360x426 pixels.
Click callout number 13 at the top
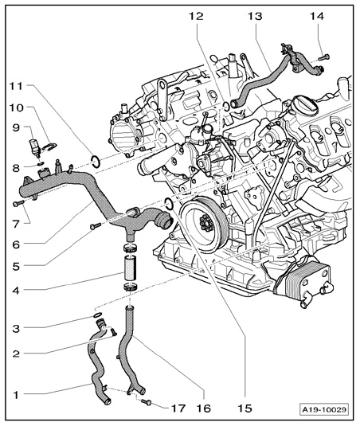click(x=255, y=17)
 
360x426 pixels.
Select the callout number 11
click(x=17, y=86)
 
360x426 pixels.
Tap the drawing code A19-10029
click(x=325, y=409)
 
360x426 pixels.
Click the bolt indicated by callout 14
click(x=324, y=57)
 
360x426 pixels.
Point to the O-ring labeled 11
click(x=95, y=161)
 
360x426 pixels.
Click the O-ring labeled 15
click(x=169, y=205)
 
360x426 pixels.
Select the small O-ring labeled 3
click(x=97, y=315)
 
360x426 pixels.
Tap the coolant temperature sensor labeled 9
click(x=36, y=148)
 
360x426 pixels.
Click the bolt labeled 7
click(x=18, y=203)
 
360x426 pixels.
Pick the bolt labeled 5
click(x=95, y=226)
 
